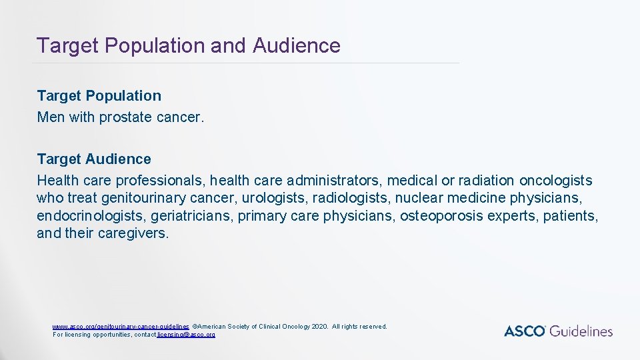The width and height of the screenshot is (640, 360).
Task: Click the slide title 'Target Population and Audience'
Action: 189,45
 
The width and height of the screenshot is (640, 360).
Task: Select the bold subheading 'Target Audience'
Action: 94,159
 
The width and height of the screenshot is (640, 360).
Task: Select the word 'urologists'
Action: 269,198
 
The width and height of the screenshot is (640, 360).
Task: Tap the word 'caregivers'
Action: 133,234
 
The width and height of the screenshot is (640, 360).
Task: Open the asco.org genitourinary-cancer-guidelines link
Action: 121,327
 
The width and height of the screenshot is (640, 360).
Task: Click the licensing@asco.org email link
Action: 186,335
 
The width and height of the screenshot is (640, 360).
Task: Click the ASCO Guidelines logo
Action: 558,331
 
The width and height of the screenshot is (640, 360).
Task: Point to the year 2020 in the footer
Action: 319,327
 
